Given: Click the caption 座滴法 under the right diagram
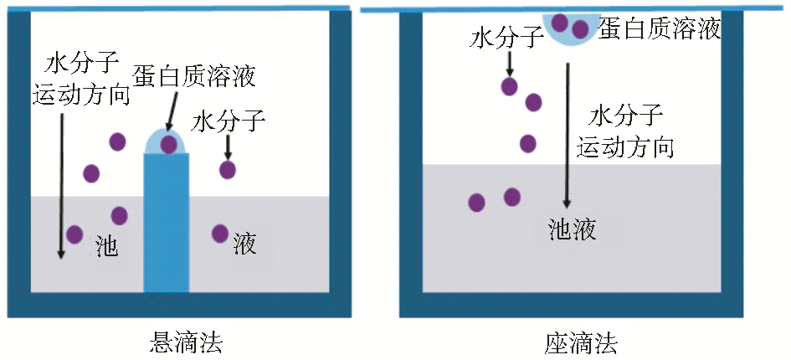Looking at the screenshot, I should point(580,342).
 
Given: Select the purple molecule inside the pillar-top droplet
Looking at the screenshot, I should point(169,144).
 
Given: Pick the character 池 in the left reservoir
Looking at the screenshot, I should point(106,244).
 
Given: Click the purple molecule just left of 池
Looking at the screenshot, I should point(74,234).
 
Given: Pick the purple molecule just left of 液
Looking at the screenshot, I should point(220,233).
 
